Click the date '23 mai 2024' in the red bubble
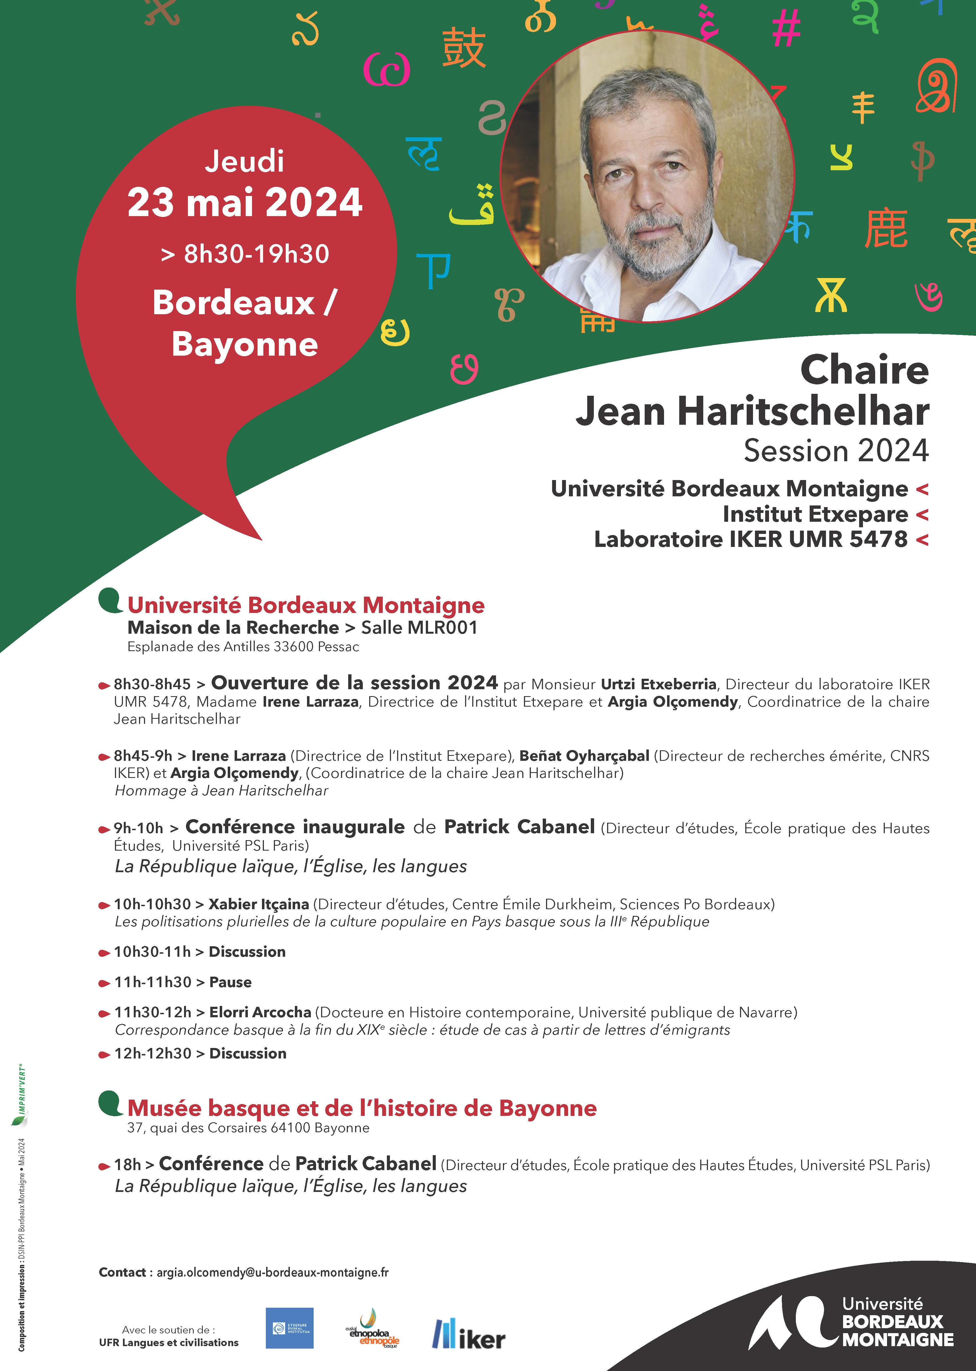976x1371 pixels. pos(245,203)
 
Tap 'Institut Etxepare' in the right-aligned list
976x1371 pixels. pos(815,514)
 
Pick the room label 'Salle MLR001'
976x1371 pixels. pos(419,628)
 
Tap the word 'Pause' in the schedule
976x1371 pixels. pos(230,982)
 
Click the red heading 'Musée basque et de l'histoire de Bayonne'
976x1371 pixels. pos(362,1108)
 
